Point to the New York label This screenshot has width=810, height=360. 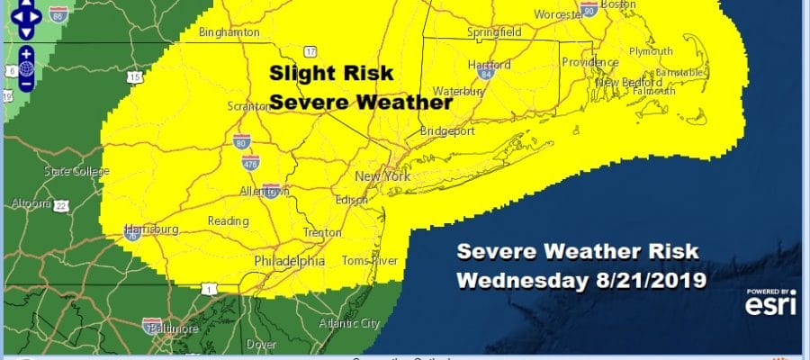coord(382,176)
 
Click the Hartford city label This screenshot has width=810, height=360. coord(490,65)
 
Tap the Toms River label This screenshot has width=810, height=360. coord(364,261)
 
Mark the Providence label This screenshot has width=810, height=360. coord(588,62)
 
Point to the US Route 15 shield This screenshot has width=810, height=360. coord(135,78)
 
